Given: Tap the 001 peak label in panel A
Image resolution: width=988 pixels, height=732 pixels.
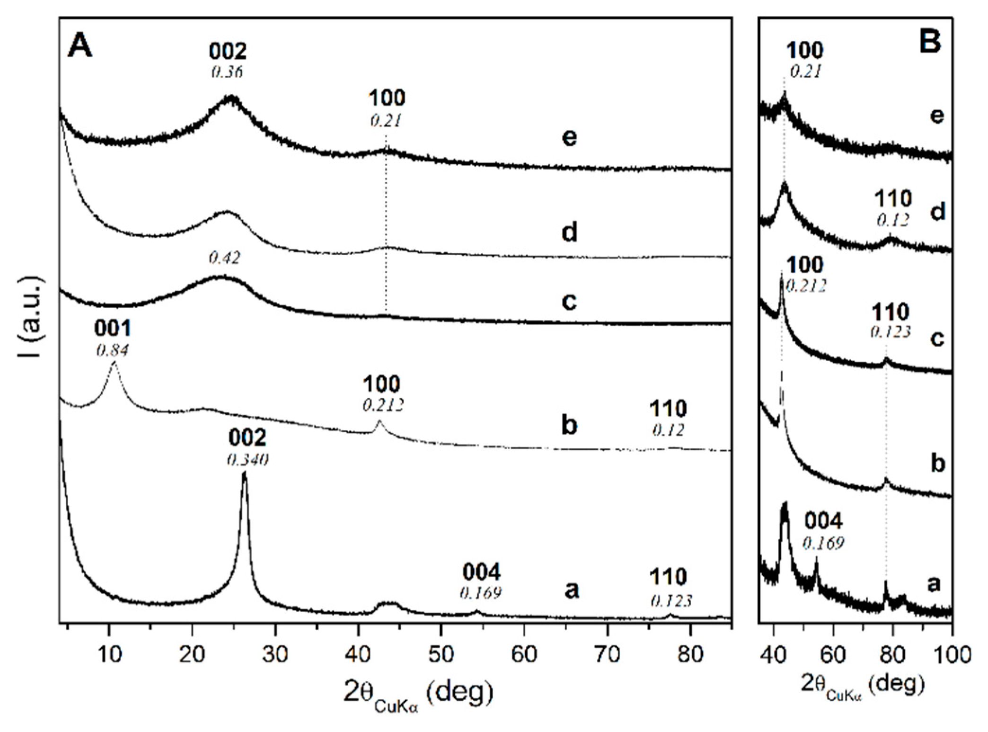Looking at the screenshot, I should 113,328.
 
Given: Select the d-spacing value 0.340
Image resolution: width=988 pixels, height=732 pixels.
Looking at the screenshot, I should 247,460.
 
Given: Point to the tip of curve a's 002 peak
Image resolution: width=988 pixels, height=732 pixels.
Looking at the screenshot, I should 244,473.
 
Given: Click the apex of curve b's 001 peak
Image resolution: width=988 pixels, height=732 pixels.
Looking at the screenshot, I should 114,363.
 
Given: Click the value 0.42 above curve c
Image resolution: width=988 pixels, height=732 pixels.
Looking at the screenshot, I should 224,258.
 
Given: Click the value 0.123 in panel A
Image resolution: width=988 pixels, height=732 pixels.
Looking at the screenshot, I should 671,600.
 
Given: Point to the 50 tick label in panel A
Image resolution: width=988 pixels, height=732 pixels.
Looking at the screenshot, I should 441,654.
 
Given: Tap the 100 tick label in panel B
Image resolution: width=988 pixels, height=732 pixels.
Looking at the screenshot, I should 951,654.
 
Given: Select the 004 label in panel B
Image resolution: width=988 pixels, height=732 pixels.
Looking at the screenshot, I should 824,522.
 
